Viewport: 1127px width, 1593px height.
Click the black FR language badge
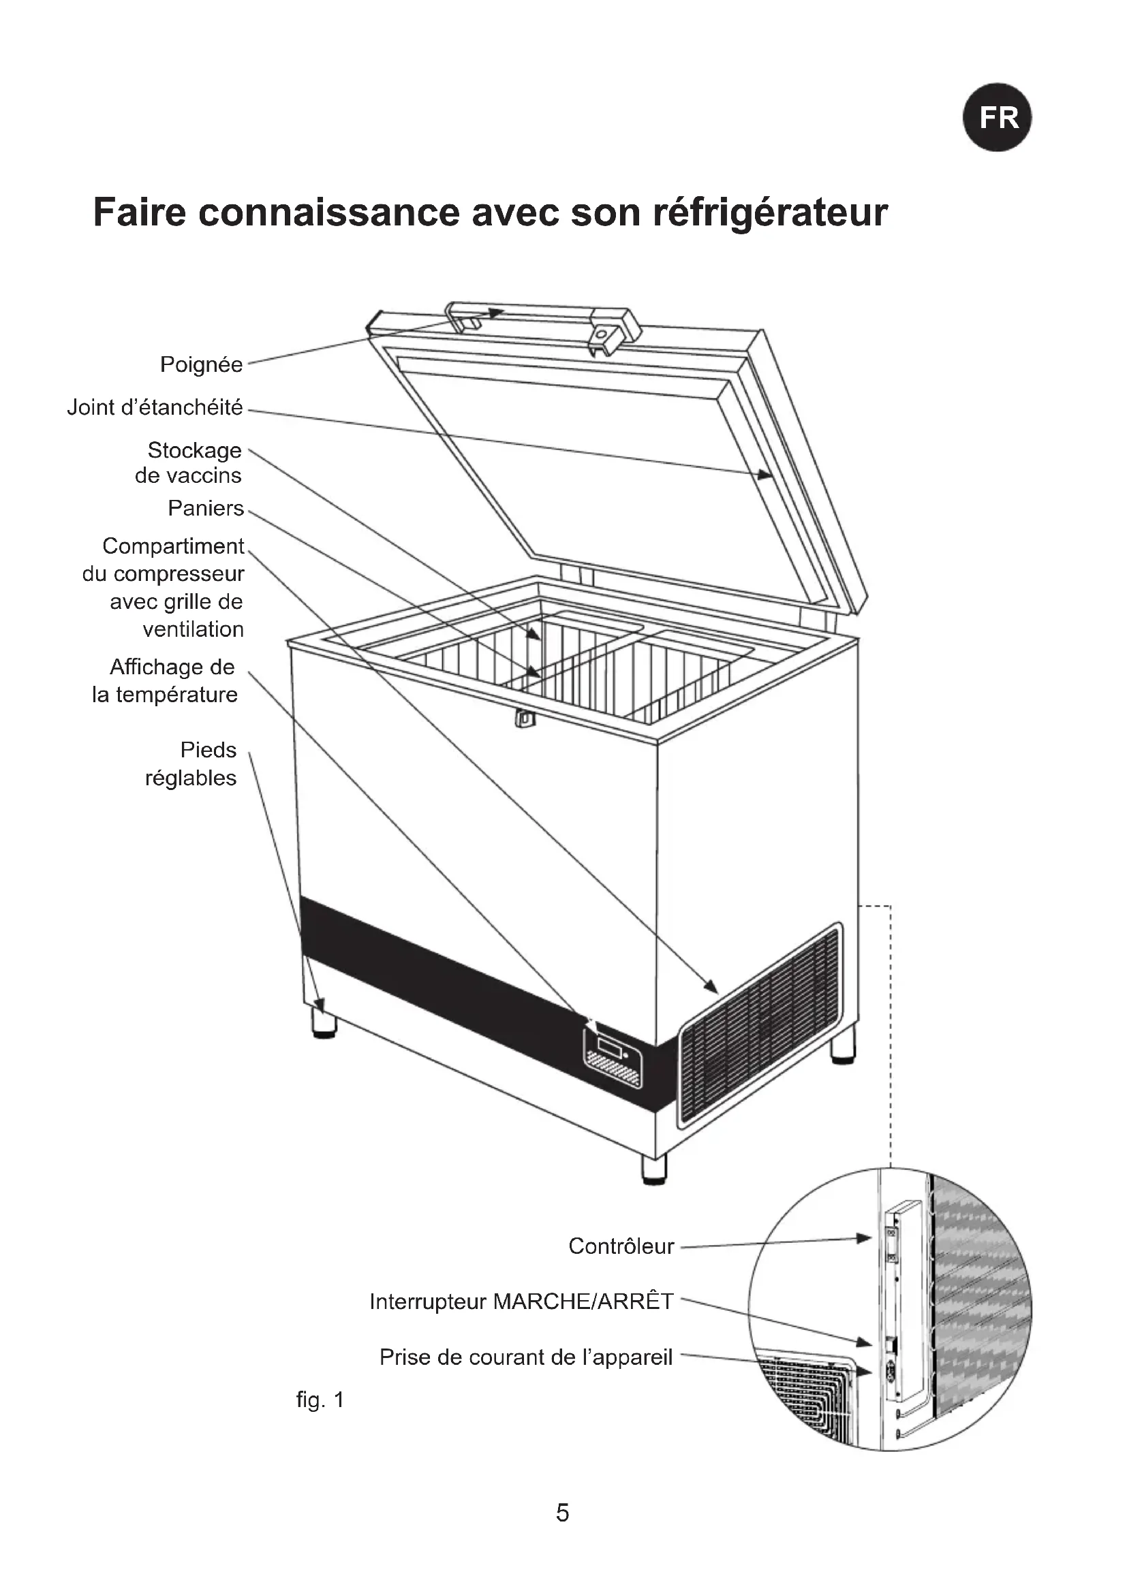point(998,117)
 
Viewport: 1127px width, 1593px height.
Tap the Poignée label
point(201,364)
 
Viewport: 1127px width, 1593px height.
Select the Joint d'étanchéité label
point(155,407)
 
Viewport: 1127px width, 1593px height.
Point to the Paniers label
point(205,509)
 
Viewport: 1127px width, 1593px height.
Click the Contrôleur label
point(621,1246)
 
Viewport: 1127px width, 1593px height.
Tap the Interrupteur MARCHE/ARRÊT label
point(521,1301)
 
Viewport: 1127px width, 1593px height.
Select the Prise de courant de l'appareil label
point(526,1357)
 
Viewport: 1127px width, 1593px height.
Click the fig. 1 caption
point(320,1400)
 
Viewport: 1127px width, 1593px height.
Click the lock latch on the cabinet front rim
point(525,718)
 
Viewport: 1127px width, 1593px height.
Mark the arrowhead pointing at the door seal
point(765,475)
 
